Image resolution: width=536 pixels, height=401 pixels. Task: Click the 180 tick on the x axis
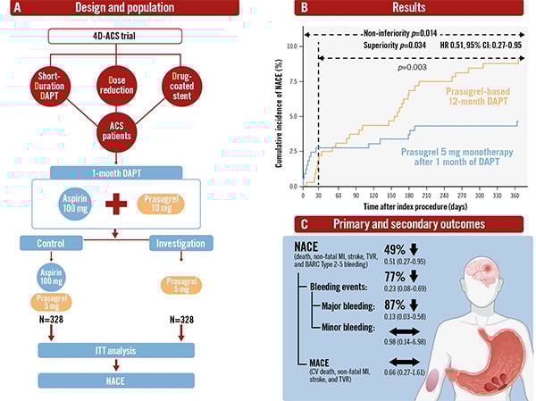click(406, 193)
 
